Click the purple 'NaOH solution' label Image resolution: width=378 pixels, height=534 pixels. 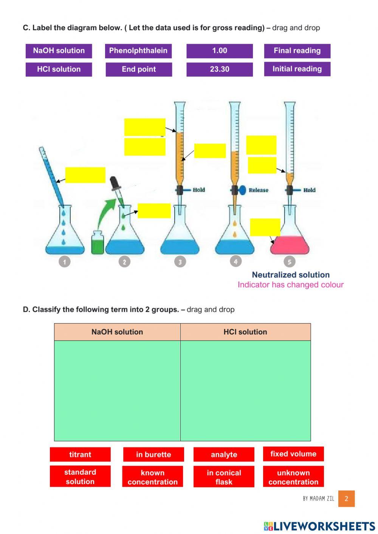[x=59, y=51]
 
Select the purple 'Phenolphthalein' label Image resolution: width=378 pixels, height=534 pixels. [x=138, y=51]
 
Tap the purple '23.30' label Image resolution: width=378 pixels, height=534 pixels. [x=219, y=69]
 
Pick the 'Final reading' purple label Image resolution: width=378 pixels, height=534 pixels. [x=297, y=51]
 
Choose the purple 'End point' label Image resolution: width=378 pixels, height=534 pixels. [x=139, y=69]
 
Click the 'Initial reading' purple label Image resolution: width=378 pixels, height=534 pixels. [x=297, y=69]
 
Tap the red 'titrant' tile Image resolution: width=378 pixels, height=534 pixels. [x=80, y=454]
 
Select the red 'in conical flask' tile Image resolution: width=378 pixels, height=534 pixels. [x=224, y=477]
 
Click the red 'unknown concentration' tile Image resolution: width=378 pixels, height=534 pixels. [x=293, y=477]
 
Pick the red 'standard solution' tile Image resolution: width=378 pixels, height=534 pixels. [x=80, y=476]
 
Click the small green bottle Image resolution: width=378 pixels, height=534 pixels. [x=98, y=244]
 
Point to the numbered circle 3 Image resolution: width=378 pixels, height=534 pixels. [x=180, y=262]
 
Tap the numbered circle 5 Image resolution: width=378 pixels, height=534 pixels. [x=289, y=262]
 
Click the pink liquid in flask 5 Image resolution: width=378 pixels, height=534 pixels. [x=290, y=246]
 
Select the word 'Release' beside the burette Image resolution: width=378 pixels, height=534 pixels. [x=259, y=190]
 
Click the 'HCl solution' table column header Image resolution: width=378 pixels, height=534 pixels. [x=245, y=332]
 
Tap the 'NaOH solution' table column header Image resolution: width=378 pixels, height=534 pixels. [x=117, y=332]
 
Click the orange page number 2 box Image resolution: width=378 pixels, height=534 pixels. [x=346, y=498]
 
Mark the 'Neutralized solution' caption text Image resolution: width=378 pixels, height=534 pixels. [x=291, y=275]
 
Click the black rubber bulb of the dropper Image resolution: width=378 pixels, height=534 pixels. [x=115, y=183]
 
